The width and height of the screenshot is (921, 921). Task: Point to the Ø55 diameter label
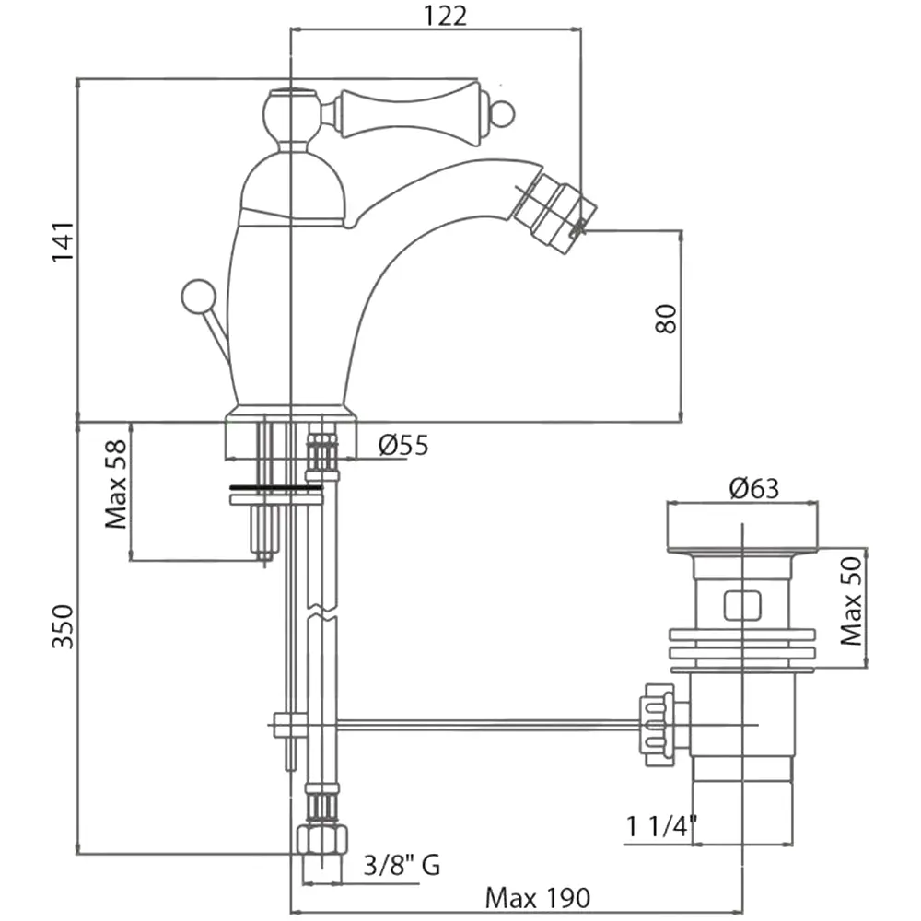(403, 446)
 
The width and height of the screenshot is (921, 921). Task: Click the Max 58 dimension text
(116, 483)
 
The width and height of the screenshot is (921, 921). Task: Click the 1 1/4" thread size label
(659, 827)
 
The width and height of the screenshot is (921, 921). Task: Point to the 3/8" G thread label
(402, 865)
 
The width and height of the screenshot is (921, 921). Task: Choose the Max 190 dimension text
(538, 896)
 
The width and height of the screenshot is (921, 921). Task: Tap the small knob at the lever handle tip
(502, 115)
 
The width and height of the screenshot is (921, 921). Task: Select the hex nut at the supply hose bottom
(321, 840)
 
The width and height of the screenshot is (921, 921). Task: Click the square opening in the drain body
(742, 604)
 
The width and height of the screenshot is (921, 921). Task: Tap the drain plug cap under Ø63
(742, 527)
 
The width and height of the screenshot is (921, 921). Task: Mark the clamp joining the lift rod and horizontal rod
(290, 726)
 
